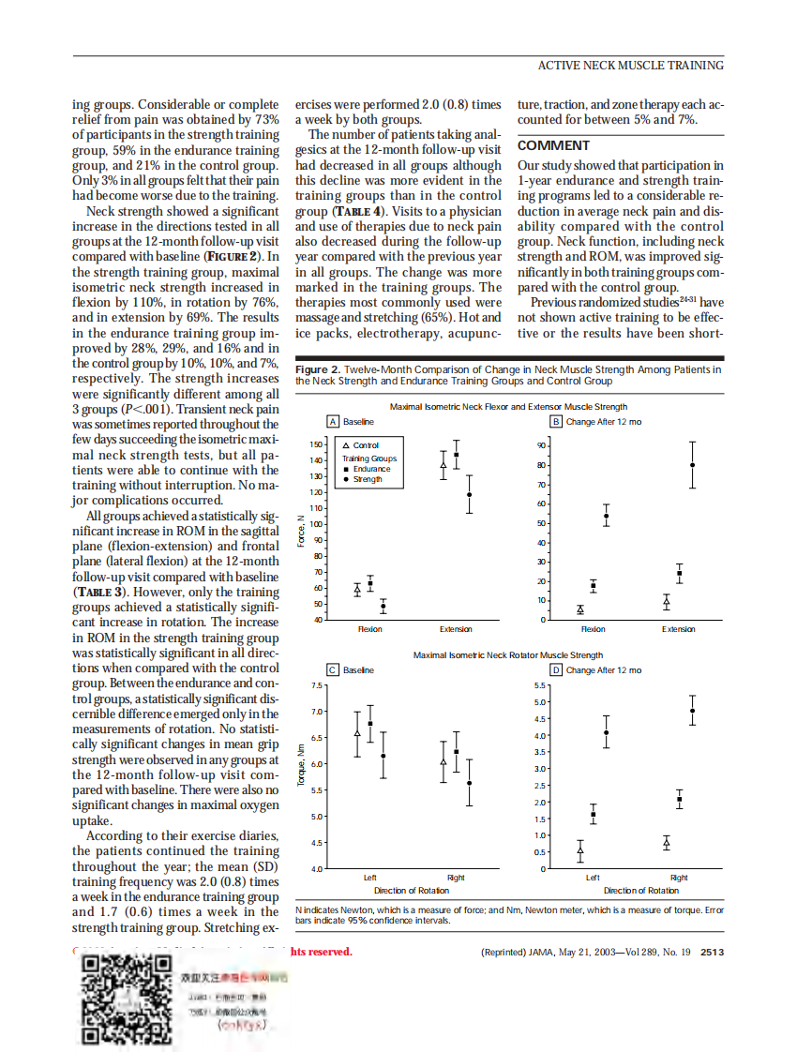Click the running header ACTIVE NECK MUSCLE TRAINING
(630, 65)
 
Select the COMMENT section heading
(553, 145)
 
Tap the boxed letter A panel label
(333, 422)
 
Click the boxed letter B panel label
(555, 422)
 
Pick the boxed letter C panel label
(333, 669)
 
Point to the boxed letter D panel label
(555, 669)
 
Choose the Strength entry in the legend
(365, 479)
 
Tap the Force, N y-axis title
(301, 532)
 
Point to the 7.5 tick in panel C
(317, 685)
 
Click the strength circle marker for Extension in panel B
(693, 465)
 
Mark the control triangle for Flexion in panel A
(357, 590)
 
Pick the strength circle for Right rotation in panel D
(693, 711)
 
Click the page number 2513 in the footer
(712, 953)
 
